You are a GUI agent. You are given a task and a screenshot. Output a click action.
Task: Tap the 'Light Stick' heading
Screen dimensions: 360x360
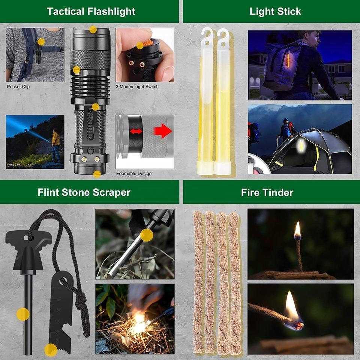pyautogui.click(x=275, y=11)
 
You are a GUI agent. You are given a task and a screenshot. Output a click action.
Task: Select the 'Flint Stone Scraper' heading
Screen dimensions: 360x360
pyautogui.click(x=84, y=192)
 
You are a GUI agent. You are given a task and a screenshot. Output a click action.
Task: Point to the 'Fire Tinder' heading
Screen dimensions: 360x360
pyautogui.click(x=267, y=192)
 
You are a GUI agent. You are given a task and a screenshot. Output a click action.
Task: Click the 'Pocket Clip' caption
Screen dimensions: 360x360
pyautogui.click(x=18, y=87)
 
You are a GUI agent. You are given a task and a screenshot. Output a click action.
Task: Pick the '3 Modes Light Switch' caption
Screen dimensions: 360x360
pyautogui.click(x=137, y=87)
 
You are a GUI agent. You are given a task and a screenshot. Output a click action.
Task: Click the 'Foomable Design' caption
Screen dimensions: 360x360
pyautogui.click(x=134, y=174)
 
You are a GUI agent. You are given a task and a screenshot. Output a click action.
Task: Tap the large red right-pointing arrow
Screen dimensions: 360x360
pyautogui.click(x=163, y=131)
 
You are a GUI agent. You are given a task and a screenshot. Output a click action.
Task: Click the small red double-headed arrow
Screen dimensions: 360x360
pyautogui.click(x=136, y=131)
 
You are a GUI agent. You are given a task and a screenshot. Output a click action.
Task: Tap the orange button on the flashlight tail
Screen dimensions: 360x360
pyautogui.click(x=140, y=45)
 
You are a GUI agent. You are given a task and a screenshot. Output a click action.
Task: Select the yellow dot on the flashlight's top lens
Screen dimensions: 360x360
pyautogui.click(x=93, y=29)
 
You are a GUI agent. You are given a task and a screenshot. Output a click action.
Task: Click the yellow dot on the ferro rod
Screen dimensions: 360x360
pyautogui.click(x=23, y=314)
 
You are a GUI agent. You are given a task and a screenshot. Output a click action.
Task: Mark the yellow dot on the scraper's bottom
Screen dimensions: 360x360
pyautogui.click(x=51, y=349)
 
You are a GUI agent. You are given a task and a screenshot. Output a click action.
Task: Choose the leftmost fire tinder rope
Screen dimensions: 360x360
pyautogui.click(x=198, y=281)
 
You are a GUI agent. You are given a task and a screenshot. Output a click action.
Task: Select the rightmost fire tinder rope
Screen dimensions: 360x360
pyautogui.click(x=235, y=281)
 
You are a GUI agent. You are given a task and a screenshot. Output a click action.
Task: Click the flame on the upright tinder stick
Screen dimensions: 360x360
pyautogui.click(x=297, y=229)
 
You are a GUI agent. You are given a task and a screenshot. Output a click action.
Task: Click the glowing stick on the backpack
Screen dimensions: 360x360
pyautogui.click(x=288, y=60)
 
